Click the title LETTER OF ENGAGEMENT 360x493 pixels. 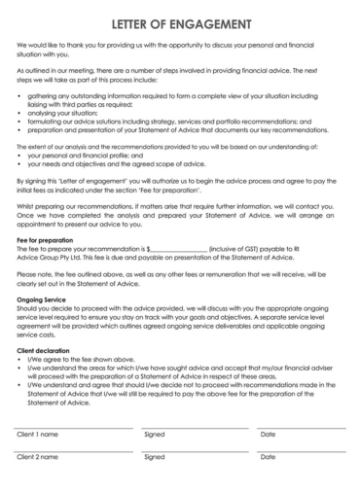pos(180,22)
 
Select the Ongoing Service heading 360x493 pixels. pos(41,301)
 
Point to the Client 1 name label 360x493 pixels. pos(37,434)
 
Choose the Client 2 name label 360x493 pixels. pos(37,456)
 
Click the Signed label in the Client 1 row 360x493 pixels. pos(154,434)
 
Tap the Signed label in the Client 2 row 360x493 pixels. pos(154,456)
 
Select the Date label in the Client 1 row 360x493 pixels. pos(268,434)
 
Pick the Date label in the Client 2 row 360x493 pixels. pos(268,456)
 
